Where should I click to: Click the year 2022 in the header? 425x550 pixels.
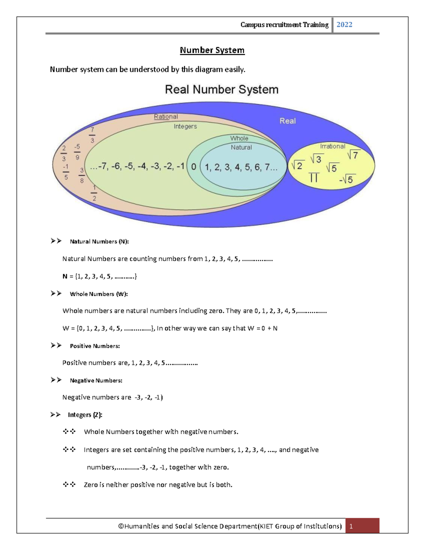pos(344,24)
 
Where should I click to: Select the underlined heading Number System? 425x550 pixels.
pos(212,50)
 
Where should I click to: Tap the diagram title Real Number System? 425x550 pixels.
pos(222,90)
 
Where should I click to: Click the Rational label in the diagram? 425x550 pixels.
pos(166,117)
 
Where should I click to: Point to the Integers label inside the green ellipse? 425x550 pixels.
pos(185,126)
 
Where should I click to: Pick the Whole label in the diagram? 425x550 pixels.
pos(239,138)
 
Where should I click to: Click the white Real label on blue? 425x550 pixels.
pos(288,121)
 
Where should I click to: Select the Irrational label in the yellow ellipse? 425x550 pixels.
pos(333,146)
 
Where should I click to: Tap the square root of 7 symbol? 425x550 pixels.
pos(353,154)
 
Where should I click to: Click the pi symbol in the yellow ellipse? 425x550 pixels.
pos(314,177)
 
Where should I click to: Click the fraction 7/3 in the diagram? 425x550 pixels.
pos(92,135)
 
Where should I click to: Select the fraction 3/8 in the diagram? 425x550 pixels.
pos(82,176)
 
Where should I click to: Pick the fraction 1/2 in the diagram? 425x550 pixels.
pos(94,193)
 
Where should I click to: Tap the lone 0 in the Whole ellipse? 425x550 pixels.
pos(193,167)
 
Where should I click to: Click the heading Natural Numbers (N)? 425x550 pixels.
pos(99,242)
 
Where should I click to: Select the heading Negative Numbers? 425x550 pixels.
pos(96,380)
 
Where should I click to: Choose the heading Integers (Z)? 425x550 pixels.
pos(85,415)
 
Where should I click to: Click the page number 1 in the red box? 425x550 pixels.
pos(351,526)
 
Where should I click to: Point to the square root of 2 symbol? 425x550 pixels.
pos(297,165)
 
